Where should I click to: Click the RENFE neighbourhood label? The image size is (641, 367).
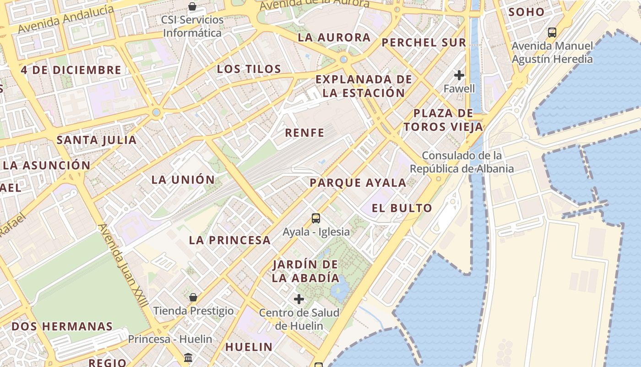[304, 133]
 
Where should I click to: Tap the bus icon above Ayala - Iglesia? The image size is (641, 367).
[315, 218]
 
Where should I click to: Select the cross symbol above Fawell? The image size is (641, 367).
[459, 75]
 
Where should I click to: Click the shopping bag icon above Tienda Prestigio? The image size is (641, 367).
[193, 297]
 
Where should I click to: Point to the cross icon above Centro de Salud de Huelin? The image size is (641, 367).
[299, 300]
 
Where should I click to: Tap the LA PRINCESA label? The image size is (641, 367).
[230, 240]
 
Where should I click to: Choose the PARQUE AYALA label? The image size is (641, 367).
[358, 183]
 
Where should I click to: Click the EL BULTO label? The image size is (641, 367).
[402, 208]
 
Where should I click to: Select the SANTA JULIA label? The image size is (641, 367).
[97, 140]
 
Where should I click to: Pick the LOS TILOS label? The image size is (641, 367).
[249, 69]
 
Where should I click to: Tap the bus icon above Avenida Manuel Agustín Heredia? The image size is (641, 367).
[552, 33]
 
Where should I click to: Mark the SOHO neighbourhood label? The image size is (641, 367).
[527, 12]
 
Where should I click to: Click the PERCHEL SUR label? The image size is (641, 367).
[424, 43]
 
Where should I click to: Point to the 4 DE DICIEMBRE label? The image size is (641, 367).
[71, 70]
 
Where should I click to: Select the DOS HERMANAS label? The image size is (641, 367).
[62, 327]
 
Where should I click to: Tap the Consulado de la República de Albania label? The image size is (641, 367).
[462, 162]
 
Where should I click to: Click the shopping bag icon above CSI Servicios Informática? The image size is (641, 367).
[192, 6]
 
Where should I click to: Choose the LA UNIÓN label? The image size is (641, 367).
[183, 180]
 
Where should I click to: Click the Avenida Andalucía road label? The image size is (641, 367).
[66, 19]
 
